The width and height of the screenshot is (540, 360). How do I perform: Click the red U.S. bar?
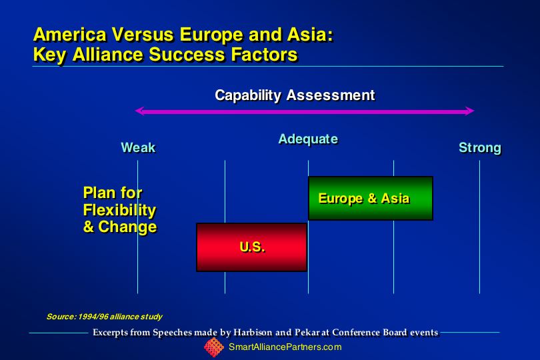251,247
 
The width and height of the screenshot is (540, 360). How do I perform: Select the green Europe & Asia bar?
371,198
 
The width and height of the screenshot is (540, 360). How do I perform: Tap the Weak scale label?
139,147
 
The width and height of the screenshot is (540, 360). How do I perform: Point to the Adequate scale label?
308,139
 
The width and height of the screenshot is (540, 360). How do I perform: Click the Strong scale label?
480,147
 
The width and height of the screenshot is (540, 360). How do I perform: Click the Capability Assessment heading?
295,95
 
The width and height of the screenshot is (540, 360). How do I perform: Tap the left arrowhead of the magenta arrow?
139,111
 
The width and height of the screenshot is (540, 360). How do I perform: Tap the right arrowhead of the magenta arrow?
470,111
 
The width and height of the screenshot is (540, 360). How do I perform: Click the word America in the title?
70,35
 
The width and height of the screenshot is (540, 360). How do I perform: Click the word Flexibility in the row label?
119,211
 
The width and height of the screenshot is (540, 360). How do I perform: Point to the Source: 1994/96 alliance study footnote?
104,317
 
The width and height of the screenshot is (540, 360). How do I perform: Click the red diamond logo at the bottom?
214,347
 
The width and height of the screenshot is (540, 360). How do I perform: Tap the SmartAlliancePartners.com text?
285,347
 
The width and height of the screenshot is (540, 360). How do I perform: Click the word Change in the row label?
127,227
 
